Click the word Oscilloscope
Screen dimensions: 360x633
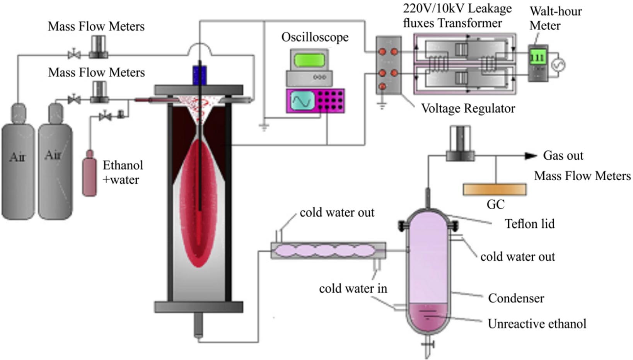tap(315, 37)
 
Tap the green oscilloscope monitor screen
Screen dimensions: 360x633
tap(309, 60)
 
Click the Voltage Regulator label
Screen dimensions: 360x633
tap(468, 108)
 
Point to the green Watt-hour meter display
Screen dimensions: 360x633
tap(537, 58)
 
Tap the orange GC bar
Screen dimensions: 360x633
tap(495, 189)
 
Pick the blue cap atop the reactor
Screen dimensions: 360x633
tap(200, 75)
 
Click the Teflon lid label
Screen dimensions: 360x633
tap(529, 224)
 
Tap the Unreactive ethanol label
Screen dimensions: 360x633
tap(537, 324)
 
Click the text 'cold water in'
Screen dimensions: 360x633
tap(353, 288)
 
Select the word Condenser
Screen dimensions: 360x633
tap(516, 298)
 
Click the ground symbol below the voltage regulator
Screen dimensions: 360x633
tap(382, 105)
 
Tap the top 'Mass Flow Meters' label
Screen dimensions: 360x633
tap(96, 26)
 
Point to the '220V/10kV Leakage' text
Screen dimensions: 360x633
tap(457, 9)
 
